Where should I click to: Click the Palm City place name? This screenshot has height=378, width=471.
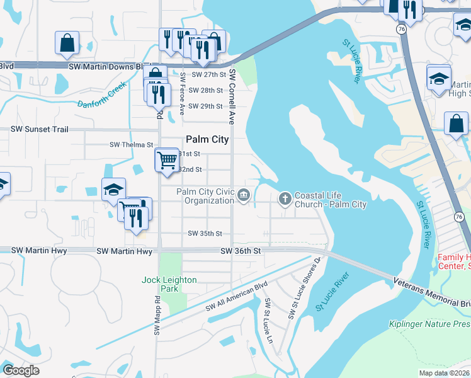207,139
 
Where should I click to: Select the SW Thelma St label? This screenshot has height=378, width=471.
132,144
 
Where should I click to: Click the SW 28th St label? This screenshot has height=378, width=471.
207,91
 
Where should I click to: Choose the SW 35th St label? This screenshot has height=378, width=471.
205,234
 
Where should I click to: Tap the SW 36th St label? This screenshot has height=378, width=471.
241,251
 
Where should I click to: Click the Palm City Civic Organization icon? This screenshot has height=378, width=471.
244,197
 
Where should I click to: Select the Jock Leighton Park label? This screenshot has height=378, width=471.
169,284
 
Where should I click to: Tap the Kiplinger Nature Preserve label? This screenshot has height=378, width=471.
435,324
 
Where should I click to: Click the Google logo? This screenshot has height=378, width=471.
21,370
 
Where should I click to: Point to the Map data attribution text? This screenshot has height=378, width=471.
443,373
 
